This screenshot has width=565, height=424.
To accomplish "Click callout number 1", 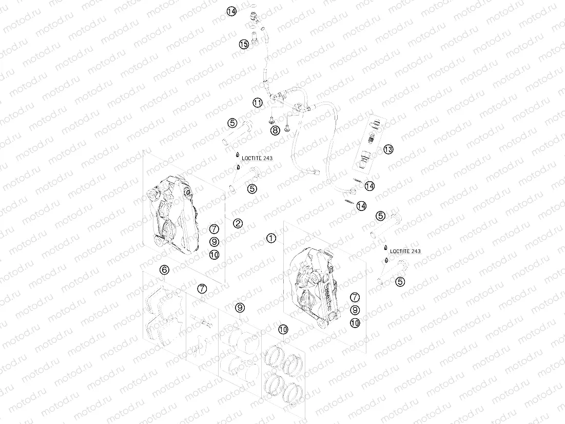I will tap(271, 238).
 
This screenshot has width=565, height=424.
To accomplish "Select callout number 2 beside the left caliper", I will tap(238, 223).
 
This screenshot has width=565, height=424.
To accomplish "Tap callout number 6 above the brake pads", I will tap(164, 269).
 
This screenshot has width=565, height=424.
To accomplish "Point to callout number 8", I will tap(276, 130).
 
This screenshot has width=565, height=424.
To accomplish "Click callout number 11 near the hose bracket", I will tap(258, 103).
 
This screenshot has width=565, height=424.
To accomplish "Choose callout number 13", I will tap(388, 149).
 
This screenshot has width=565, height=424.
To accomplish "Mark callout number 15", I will tap(244, 45).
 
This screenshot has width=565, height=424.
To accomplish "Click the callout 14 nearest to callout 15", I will tap(232, 11).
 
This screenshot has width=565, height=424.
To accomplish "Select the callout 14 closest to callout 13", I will tap(369, 186).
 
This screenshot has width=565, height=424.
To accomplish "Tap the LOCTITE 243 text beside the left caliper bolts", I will tap(260, 158).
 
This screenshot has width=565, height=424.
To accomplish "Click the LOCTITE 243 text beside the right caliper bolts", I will tap(405, 251).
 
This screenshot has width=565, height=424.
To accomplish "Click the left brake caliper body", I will tap(172, 216).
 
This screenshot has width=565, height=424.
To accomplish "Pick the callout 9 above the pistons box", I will tap(240, 307).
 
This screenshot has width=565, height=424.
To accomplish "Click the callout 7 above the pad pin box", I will tap(202, 288).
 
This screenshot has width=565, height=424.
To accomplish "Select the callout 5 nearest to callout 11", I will tap(232, 123).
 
